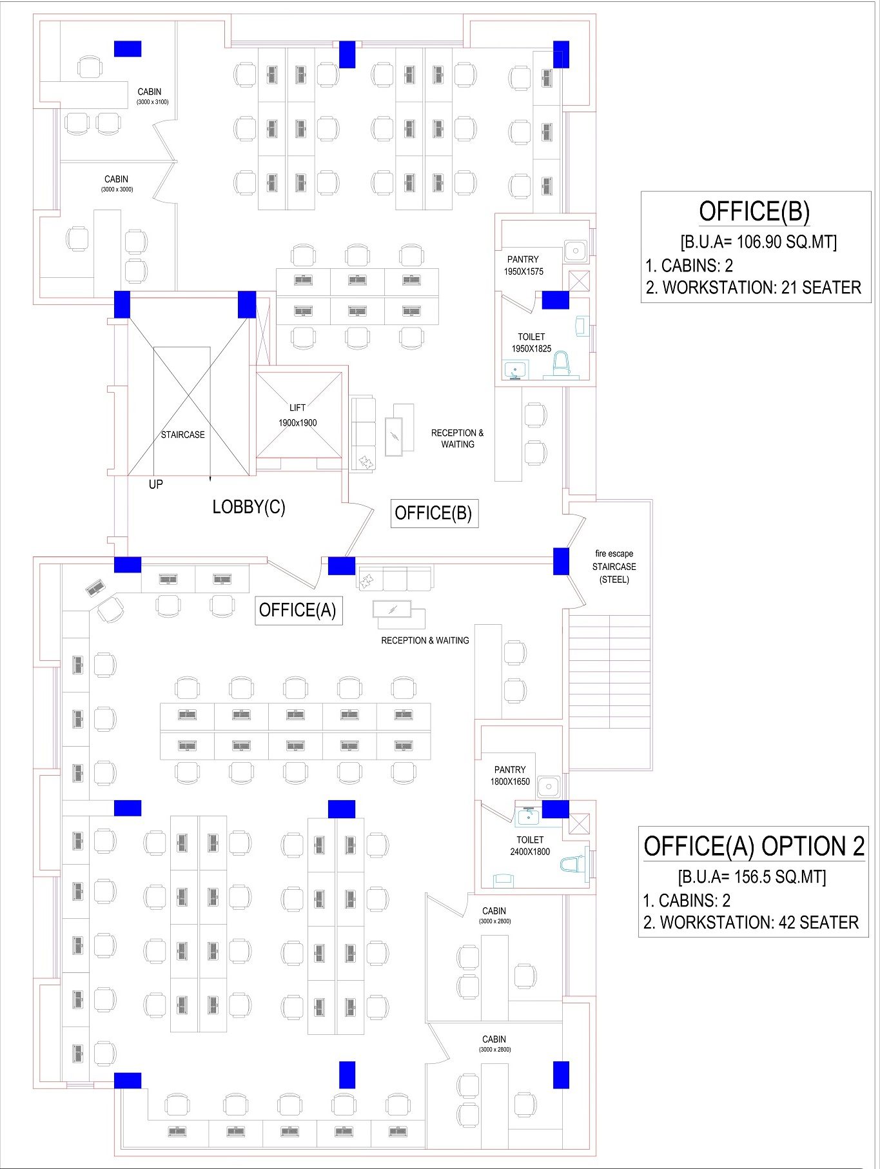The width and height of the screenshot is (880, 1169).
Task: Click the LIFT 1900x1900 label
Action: [297, 415]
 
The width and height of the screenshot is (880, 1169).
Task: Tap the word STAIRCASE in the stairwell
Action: [182, 435]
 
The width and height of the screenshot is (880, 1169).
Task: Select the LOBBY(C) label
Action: [249, 507]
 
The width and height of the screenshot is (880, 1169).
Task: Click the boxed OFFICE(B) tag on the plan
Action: [434, 513]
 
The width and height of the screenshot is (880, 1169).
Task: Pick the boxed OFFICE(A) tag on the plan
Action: [298, 610]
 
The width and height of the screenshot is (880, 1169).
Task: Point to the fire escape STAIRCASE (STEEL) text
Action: [614, 566]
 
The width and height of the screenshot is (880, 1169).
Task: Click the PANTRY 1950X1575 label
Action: [523, 265]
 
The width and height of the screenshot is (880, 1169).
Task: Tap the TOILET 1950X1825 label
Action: [531, 342]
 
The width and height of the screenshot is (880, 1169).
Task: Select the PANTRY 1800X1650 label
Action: [510, 775]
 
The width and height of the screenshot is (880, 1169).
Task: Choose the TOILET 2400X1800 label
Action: [530, 845]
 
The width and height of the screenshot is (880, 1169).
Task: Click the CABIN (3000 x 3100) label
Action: [152, 96]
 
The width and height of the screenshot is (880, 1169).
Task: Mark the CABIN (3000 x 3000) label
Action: [117, 183]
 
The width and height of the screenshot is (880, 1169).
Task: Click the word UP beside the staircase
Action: [156, 484]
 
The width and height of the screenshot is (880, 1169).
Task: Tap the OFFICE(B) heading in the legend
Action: [754, 211]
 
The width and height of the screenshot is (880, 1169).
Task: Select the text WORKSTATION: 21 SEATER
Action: [761, 288]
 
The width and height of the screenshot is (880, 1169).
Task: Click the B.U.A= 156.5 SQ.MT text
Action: [752, 876]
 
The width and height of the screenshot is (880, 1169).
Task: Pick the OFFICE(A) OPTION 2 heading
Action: [754, 846]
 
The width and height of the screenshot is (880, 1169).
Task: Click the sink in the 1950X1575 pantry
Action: [574, 250]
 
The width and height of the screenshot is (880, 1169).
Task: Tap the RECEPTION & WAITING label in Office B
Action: [457, 438]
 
